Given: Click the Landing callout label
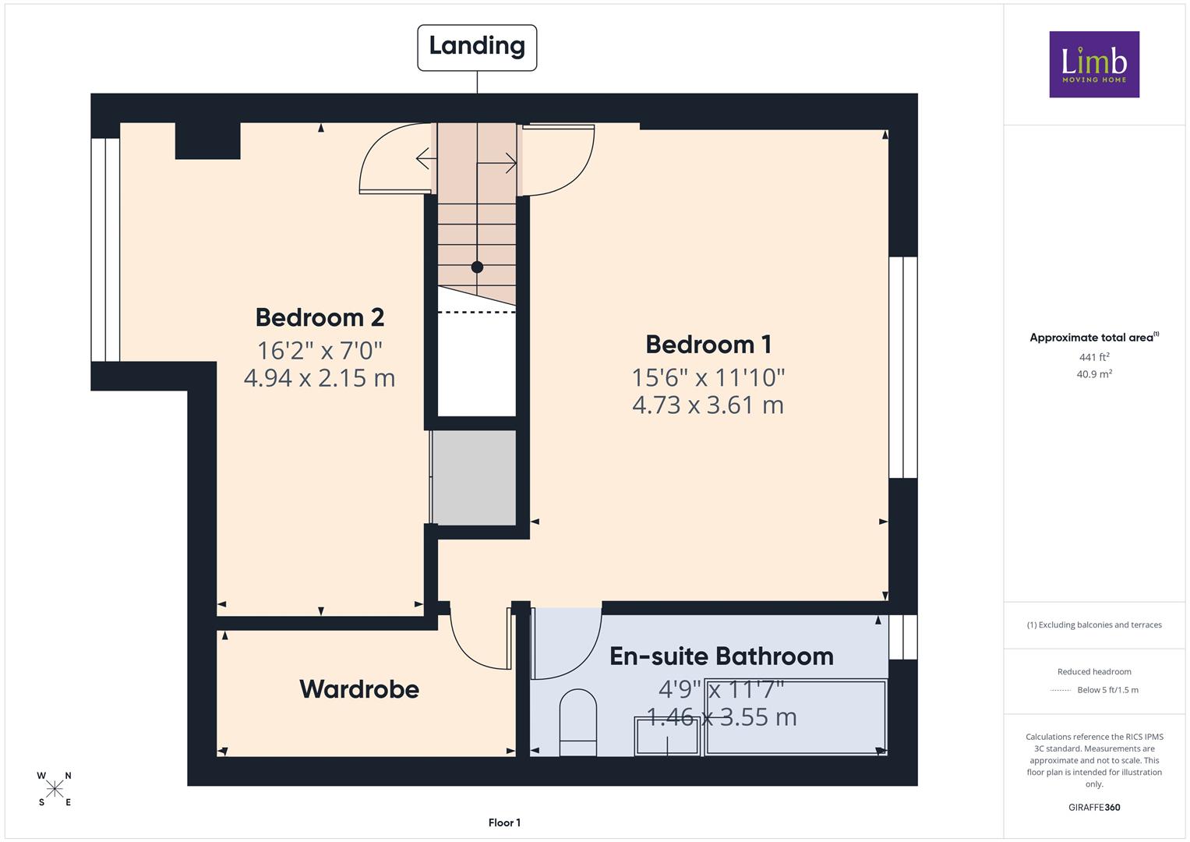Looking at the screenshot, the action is (476, 48).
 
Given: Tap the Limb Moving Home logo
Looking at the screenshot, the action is (1094, 64).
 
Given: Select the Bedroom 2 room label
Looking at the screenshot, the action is (320, 317).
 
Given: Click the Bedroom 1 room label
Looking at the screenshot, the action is (708, 345).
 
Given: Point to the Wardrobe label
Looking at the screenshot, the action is (359, 689).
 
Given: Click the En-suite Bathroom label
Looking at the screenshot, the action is (722, 656).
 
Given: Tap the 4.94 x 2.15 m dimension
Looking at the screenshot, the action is (320, 378).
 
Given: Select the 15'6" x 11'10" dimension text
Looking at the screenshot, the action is (708, 378).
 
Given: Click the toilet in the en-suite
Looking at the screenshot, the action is (578, 723).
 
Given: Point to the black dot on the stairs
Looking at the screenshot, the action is (477, 267).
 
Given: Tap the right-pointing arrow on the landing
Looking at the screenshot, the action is (496, 163).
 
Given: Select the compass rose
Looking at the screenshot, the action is (55, 789).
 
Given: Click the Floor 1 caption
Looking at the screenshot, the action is (504, 823).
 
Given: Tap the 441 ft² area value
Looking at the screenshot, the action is (1094, 357).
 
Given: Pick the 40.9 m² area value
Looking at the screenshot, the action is (1094, 373).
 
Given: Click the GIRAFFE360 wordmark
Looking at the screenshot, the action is (1094, 807).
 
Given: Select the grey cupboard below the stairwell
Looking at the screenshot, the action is (473, 477).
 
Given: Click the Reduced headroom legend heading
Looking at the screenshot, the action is (1094, 671).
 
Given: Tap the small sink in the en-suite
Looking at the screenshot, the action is (667, 735).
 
